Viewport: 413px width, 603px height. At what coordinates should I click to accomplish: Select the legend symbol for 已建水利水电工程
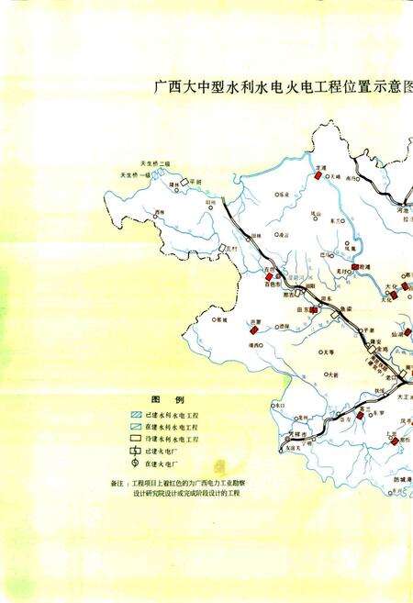pos(135,416)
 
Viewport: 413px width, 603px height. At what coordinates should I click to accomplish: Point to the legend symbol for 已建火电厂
pos(135,452)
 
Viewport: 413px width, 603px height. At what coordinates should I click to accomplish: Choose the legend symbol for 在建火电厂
pos(135,465)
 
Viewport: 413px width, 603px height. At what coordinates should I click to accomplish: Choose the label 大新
pos(333,374)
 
